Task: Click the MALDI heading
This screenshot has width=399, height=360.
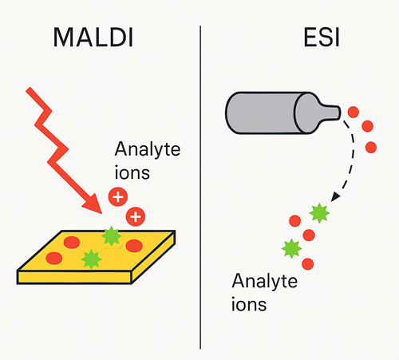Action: click(x=93, y=38)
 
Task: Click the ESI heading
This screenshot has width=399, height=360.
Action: click(x=322, y=38)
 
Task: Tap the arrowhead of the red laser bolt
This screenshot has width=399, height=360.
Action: click(x=93, y=204)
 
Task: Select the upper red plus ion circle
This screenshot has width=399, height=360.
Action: click(x=118, y=197)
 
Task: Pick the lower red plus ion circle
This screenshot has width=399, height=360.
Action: click(x=136, y=216)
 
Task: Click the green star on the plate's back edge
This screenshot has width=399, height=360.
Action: click(x=112, y=236)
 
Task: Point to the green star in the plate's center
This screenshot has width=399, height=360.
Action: click(x=91, y=259)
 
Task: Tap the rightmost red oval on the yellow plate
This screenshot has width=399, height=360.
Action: click(x=134, y=246)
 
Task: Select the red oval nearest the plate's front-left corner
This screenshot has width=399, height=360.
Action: click(x=54, y=258)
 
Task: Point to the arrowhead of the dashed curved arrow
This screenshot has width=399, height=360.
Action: click(x=335, y=197)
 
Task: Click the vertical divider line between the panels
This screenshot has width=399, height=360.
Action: click(x=200, y=187)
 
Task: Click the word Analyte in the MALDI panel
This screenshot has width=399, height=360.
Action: click(x=148, y=150)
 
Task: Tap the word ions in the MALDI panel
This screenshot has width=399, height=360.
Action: click(x=132, y=172)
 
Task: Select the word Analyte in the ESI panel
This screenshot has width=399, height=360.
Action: click(x=264, y=282)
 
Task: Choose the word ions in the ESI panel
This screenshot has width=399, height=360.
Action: click(x=249, y=304)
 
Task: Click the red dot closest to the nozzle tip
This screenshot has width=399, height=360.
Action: click(x=354, y=112)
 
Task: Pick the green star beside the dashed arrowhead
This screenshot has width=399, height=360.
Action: click(x=319, y=213)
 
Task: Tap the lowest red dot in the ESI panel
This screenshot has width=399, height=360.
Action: click(x=308, y=264)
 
